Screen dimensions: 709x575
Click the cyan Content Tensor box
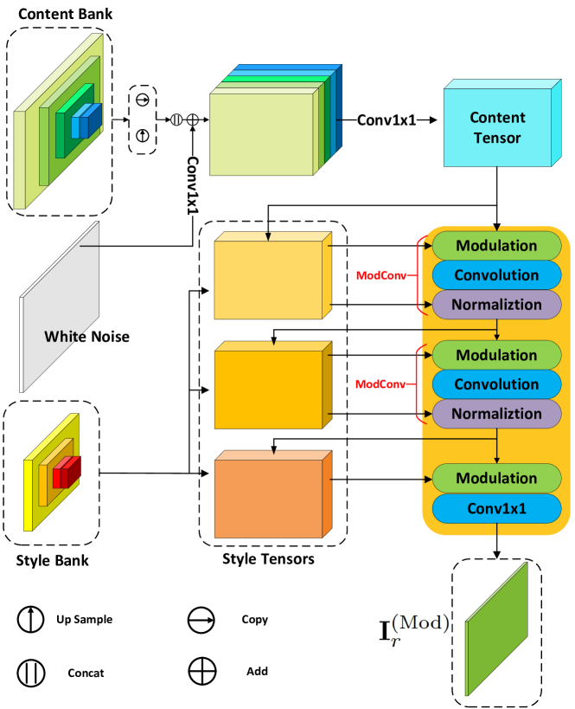tap(497, 127)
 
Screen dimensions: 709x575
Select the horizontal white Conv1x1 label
tap(387, 119)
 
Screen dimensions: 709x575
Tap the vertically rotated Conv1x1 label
tap(193, 185)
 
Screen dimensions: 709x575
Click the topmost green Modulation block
tap(496, 246)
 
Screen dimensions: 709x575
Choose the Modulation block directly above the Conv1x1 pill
tap(496, 479)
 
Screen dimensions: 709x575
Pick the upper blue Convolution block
tap(496, 275)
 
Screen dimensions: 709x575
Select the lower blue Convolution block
tap(496, 384)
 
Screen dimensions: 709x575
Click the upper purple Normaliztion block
tap(496, 305)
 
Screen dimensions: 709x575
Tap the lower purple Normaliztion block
tap(496, 414)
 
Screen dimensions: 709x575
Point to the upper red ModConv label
tap(380, 275)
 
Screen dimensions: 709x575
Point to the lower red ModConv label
tap(380, 384)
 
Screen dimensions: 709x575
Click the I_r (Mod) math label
tap(414, 628)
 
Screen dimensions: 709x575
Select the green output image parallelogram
tap(496, 629)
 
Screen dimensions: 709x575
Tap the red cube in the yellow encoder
tap(67, 473)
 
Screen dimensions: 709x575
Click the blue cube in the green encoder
tap(86, 121)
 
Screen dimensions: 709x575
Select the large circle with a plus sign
tap(202, 671)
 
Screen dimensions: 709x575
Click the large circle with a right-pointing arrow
tap(201, 621)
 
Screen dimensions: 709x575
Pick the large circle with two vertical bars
tap(31, 674)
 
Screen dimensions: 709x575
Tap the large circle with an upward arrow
tap(31, 620)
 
